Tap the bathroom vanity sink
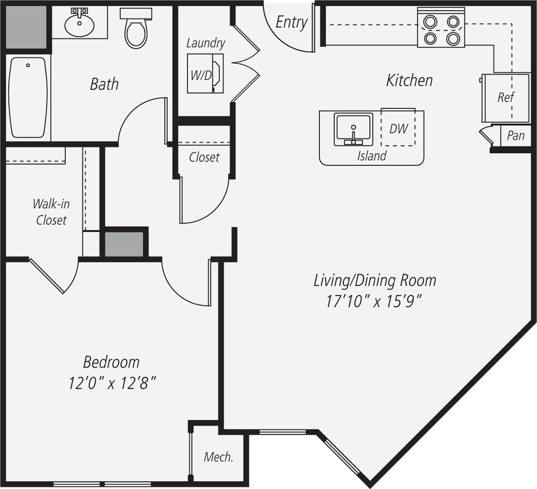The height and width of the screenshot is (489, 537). [79, 24]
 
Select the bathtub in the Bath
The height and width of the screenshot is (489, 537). [29, 97]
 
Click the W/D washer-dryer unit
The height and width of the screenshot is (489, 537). [204, 75]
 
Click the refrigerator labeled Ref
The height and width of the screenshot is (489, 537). [505, 97]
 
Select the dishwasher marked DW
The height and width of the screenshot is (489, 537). [398, 128]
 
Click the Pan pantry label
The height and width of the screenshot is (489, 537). [515, 135]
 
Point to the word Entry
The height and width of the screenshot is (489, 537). [291, 22]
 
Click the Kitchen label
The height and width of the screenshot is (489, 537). [409, 80]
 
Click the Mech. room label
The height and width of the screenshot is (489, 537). [218, 457]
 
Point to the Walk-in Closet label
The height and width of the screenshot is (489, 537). [51, 212]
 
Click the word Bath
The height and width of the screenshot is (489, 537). [104, 84]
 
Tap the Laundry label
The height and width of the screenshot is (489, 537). [205, 43]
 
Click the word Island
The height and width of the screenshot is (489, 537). [371, 155]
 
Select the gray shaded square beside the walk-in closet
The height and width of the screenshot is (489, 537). [125, 244]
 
